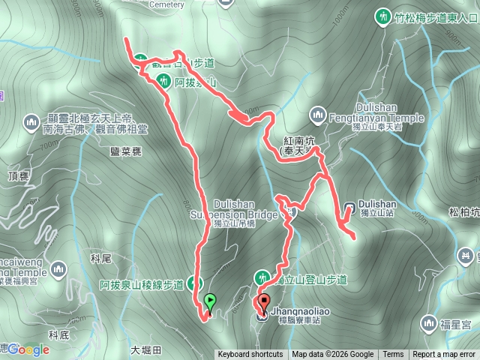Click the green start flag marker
(210, 302)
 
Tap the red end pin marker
(262, 304)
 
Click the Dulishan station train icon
(349, 206)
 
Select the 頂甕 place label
(17, 175)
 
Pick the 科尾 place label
(100, 258)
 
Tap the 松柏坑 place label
(463, 212)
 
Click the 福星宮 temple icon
(428, 323)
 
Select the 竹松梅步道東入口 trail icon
(383, 16)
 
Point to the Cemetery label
(166, 4)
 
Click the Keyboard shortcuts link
(250, 355)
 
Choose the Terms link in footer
(392, 355)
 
